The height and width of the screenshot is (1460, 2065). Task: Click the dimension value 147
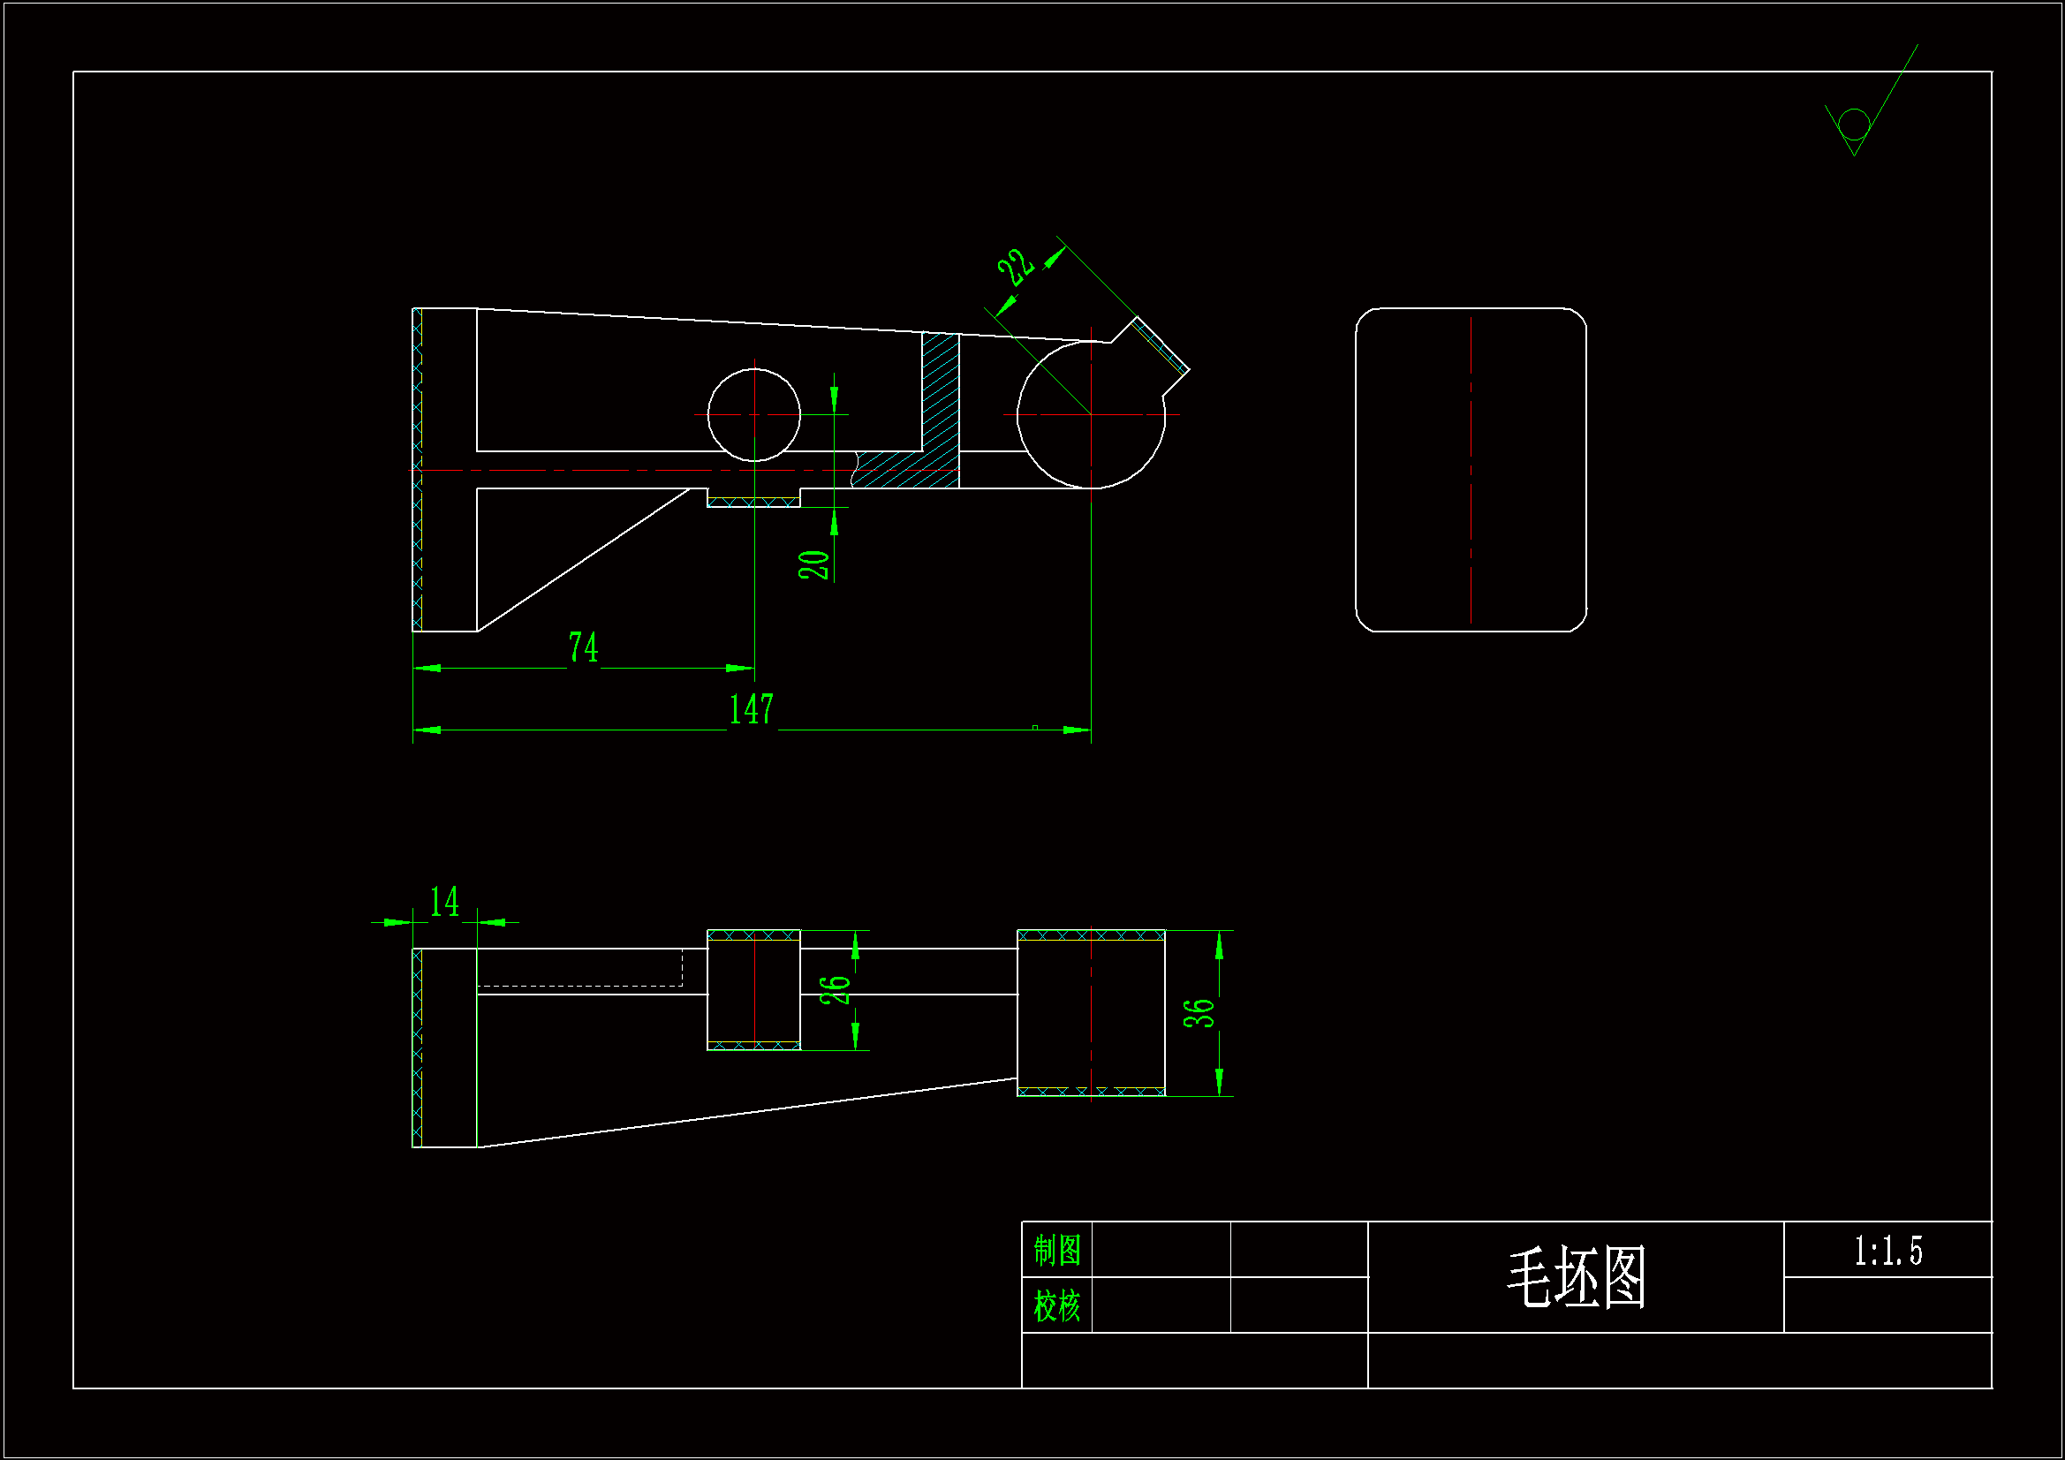click(751, 710)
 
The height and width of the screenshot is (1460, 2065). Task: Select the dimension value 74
click(583, 647)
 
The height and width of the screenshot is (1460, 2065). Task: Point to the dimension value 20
click(814, 565)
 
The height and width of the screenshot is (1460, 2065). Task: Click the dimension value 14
click(444, 903)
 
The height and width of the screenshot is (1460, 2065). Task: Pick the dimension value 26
click(836, 989)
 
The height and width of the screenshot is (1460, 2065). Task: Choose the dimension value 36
click(1199, 1014)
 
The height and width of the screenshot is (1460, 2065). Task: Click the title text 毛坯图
click(1576, 1277)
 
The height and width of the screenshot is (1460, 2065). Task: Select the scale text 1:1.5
click(1887, 1252)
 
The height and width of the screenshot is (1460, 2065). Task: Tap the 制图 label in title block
click(1056, 1251)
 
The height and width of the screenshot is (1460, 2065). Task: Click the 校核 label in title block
click(1056, 1306)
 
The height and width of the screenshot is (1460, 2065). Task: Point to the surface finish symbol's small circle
click(1855, 125)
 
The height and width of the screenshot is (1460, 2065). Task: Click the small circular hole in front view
click(753, 415)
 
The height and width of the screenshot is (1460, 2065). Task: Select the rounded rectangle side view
click(1471, 470)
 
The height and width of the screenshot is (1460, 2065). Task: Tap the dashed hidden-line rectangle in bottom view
click(580, 968)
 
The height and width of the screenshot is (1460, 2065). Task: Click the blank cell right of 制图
click(1161, 1251)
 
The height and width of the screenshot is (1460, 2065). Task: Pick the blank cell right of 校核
click(1161, 1306)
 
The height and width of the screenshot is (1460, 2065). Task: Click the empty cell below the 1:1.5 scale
click(1887, 1305)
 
